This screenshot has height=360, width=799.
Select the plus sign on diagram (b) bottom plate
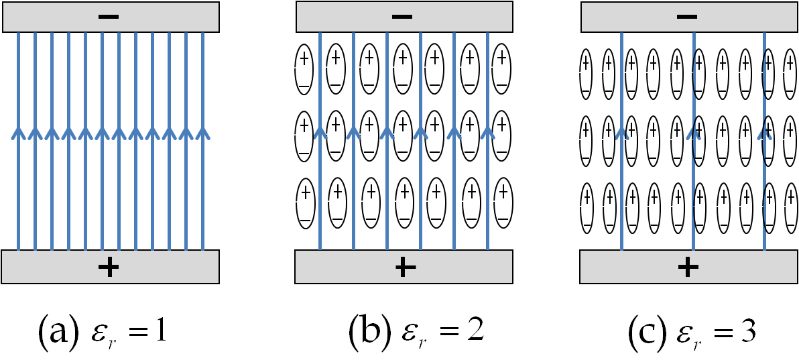402,267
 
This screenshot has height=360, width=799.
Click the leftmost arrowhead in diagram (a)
18,133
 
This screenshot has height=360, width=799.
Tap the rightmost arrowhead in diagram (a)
202,133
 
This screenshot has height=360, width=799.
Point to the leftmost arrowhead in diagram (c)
621,134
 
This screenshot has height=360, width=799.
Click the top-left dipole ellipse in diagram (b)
304,70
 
